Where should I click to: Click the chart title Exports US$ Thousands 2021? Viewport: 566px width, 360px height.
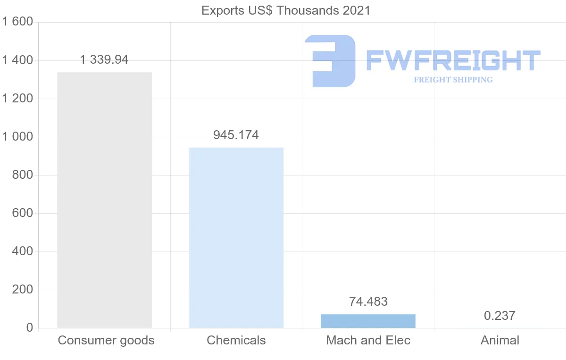pyautogui.click(x=286, y=10)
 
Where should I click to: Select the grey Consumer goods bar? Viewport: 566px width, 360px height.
pyautogui.click(x=104, y=200)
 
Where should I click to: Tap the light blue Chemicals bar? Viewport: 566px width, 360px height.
pyautogui.click(x=236, y=238)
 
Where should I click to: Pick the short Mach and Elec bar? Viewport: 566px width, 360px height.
pyautogui.click(x=368, y=321)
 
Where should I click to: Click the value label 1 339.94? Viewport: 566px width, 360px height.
pyautogui.click(x=104, y=60)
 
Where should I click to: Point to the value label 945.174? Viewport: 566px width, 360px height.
pyautogui.click(x=236, y=135)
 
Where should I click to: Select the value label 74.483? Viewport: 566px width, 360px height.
pyautogui.click(x=368, y=301)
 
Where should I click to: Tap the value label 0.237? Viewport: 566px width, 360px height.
pyautogui.click(x=499, y=316)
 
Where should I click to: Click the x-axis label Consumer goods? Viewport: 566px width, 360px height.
pyautogui.click(x=106, y=340)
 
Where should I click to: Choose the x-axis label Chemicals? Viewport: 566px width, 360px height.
pyautogui.click(x=236, y=340)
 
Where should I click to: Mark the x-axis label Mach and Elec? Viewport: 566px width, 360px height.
pyautogui.click(x=368, y=340)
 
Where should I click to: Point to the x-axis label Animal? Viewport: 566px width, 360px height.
pyautogui.click(x=499, y=340)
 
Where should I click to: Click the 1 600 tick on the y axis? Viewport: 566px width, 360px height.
pyautogui.click(x=18, y=22)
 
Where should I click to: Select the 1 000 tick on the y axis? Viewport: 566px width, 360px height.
pyautogui.click(x=18, y=137)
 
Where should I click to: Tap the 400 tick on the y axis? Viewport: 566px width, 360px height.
pyautogui.click(x=22, y=251)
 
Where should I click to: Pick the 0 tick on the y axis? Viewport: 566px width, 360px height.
pyautogui.click(x=29, y=328)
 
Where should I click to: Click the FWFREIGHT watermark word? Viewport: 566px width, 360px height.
pyautogui.click(x=453, y=61)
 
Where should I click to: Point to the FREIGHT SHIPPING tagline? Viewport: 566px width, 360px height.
pyautogui.click(x=453, y=80)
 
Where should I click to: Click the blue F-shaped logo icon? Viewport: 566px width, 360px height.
pyautogui.click(x=330, y=61)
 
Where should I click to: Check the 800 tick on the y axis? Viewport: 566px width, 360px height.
pyautogui.click(x=22, y=175)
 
